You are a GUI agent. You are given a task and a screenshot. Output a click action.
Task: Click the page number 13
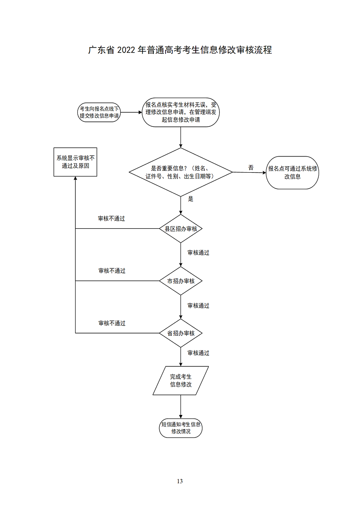pyautogui.click(x=180, y=481)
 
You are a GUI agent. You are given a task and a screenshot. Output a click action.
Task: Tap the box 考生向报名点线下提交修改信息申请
pyautogui.click(x=99, y=112)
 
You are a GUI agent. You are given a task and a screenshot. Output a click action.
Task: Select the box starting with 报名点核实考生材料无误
pyautogui.click(x=180, y=112)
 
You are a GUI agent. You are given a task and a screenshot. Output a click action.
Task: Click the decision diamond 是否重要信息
pyautogui.click(x=180, y=172)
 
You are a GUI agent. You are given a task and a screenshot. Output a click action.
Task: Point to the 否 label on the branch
pyautogui.click(x=251, y=168)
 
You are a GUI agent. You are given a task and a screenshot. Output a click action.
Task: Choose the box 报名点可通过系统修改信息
pyautogui.click(x=292, y=173)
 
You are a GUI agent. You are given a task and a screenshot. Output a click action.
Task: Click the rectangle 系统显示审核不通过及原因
pyautogui.click(x=75, y=162)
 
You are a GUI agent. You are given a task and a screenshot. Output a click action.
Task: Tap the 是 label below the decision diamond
pyautogui.click(x=190, y=199)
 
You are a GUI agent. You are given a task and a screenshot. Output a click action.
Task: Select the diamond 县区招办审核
pyautogui.click(x=180, y=229)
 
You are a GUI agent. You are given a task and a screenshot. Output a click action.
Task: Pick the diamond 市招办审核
pyautogui.click(x=180, y=281)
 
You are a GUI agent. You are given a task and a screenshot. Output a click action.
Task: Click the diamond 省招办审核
pyautogui.click(x=180, y=333)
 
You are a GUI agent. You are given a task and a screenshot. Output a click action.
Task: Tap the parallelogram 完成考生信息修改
pyautogui.click(x=180, y=381)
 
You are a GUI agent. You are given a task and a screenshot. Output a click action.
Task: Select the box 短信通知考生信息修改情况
pyautogui.click(x=180, y=428)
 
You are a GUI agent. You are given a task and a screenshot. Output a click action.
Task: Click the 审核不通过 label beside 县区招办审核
pyautogui.click(x=112, y=218)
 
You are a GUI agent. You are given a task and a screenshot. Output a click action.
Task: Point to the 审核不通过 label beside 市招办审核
pyautogui.click(x=112, y=271)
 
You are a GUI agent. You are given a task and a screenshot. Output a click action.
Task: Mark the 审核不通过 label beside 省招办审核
pyautogui.click(x=112, y=323)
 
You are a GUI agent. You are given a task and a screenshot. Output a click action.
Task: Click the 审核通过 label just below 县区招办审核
pyautogui.click(x=198, y=253)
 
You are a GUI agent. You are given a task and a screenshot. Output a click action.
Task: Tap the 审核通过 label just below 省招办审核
pyautogui.click(x=198, y=353)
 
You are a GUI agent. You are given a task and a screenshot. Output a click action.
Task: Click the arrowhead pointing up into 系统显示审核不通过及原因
pyautogui.click(x=75, y=179)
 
